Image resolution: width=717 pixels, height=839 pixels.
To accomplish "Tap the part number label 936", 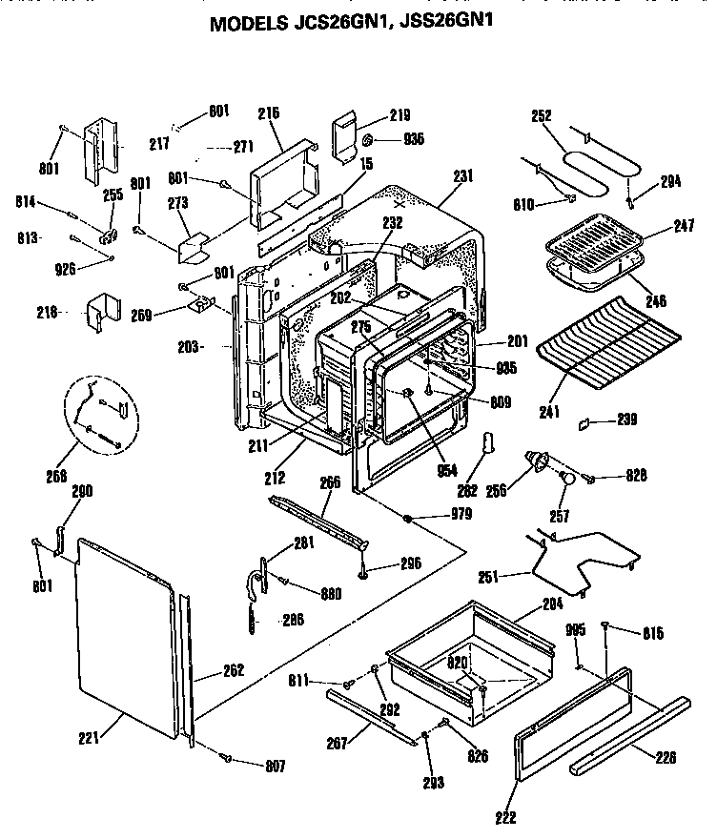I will (x=413, y=139).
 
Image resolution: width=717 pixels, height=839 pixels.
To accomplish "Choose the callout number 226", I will (x=667, y=757).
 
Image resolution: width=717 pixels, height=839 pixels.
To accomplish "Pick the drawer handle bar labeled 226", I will (x=629, y=734).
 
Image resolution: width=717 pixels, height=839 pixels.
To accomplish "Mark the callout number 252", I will (x=541, y=116).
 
